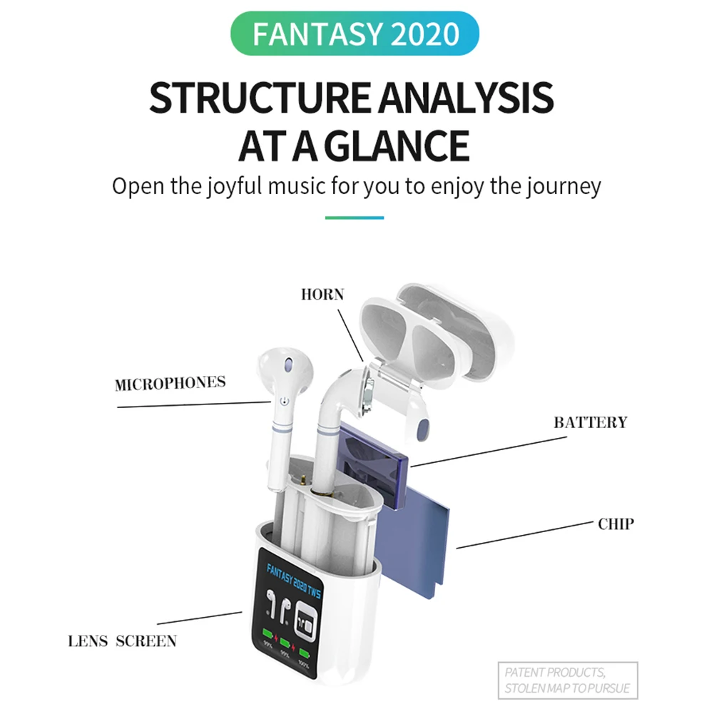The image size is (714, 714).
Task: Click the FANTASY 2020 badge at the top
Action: click(x=355, y=34)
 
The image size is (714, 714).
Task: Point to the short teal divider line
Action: click(x=355, y=218)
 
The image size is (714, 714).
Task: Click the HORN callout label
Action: click(x=322, y=295)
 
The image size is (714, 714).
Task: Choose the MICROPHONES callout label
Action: click(x=170, y=383)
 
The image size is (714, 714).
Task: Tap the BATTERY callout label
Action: click(x=591, y=422)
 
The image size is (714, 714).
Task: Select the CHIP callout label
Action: click(x=616, y=524)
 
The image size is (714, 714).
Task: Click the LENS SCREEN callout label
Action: click(x=122, y=641)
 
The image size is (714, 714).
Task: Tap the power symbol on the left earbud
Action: click(x=284, y=402)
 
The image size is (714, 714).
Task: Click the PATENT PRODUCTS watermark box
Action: click(x=567, y=680)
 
